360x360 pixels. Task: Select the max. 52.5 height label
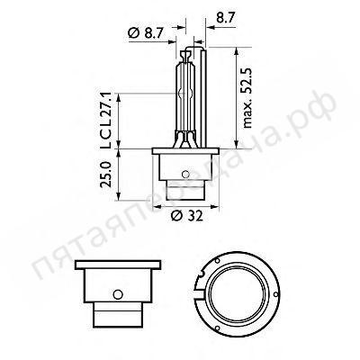tap(246, 99)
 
